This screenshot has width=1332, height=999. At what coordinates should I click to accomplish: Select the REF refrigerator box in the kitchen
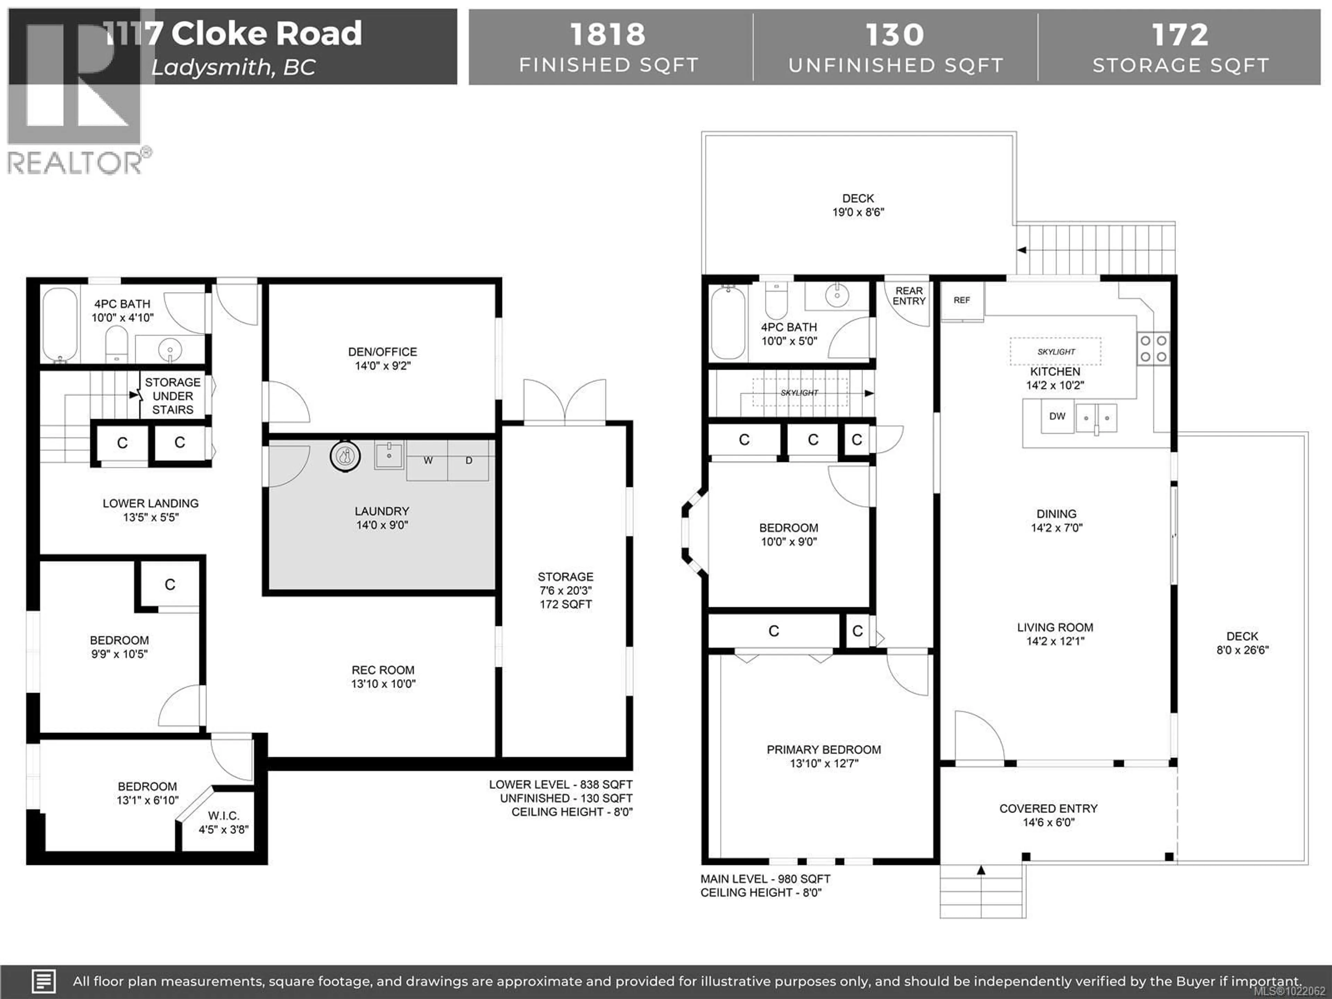[x=962, y=300]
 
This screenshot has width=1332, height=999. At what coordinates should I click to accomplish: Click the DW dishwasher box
[x=1057, y=416]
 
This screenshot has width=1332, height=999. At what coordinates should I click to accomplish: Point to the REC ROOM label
[x=383, y=670]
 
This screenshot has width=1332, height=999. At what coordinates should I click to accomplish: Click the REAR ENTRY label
[x=909, y=296]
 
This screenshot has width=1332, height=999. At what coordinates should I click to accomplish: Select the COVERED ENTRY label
[x=1048, y=809]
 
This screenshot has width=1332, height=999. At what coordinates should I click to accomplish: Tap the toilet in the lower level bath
[x=116, y=344]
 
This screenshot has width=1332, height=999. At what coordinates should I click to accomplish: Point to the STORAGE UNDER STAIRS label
[x=173, y=396]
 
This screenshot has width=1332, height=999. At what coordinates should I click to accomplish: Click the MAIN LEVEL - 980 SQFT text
[x=765, y=879]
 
